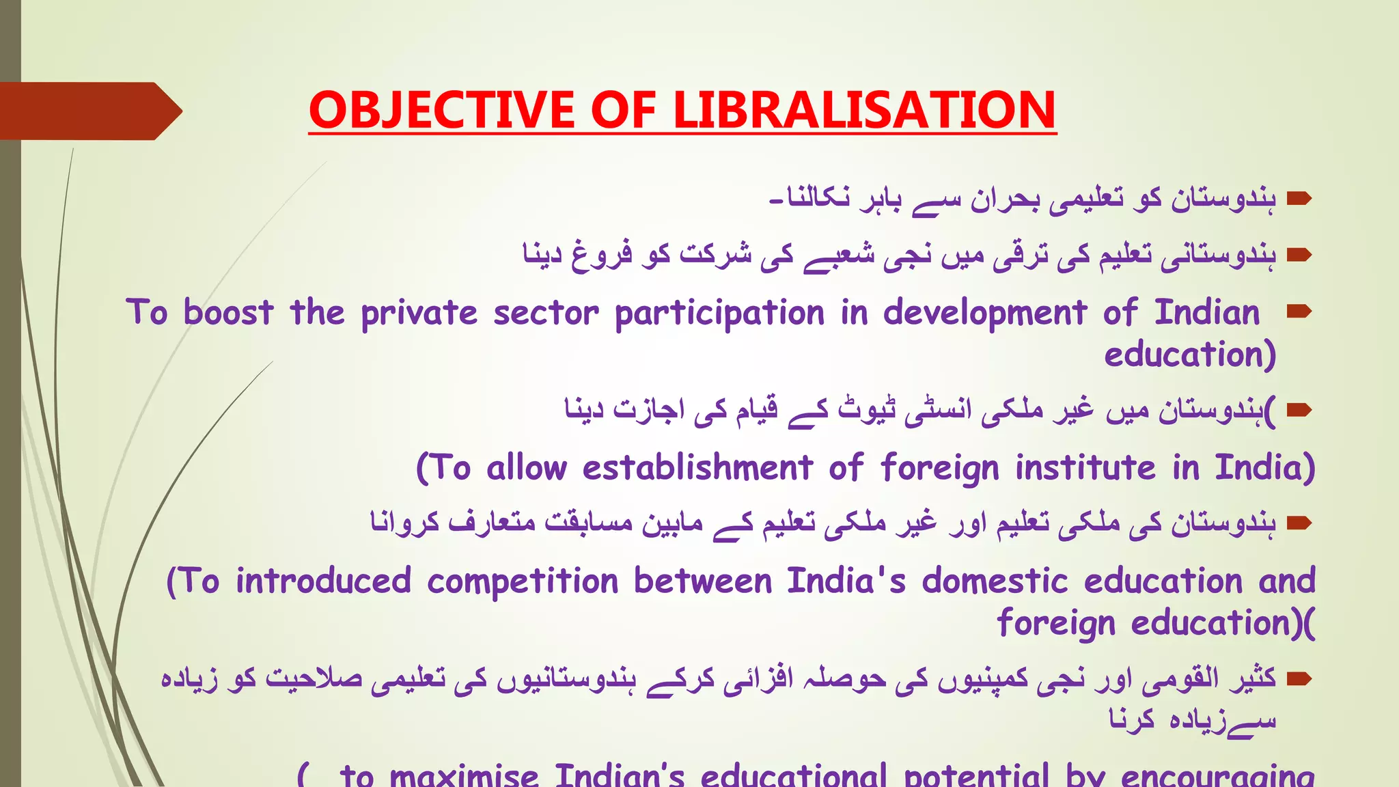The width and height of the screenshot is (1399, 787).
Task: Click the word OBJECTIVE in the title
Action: (441, 110)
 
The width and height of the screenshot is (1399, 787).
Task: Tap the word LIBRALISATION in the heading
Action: (865, 110)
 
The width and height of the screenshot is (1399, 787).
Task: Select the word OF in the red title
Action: (624, 110)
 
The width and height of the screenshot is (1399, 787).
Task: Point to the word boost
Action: (228, 313)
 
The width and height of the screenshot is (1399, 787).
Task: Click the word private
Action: (419, 313)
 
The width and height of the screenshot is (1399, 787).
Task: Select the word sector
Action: (546, 313)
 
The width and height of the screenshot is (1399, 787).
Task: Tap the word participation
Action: (719, 313)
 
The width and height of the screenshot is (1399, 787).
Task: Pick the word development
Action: (984, 313)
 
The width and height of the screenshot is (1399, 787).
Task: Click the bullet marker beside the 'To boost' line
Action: (1299, 312)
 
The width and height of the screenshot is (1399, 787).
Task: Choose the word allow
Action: (527, 469)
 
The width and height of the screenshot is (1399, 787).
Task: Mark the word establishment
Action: (697, 469)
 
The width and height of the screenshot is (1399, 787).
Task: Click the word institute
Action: (1085, 469)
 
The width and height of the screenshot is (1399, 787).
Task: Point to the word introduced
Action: (323, 581)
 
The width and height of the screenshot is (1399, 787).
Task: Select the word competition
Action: (523, 581)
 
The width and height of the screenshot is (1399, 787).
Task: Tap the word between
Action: (702, 581)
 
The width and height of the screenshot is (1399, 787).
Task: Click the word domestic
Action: (995, 581)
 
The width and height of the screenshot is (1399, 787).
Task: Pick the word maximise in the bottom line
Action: (464, 776)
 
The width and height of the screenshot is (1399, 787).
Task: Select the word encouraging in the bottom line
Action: (1217, 776)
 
